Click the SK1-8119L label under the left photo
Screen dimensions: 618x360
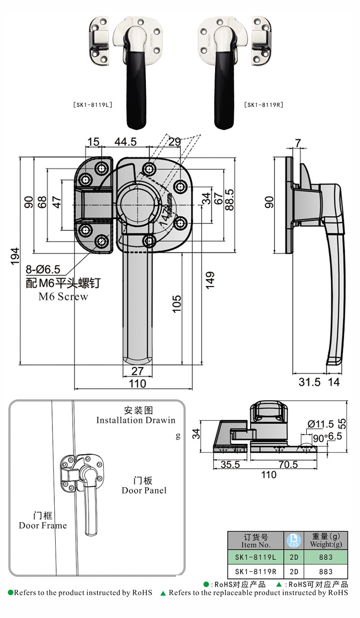coord(93,104)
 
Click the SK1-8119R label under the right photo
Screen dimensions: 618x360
coord(263,104)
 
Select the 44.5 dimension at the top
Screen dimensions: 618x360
coord(125,142)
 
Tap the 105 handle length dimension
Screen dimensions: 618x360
coord(177,304)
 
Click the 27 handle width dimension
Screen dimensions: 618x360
coord(138,371)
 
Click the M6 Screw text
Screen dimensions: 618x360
coord(63,297)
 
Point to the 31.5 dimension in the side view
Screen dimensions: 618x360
coord(310,382)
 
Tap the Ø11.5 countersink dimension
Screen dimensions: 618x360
coord(321,424)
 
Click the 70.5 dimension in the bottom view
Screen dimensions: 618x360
coord(287,464)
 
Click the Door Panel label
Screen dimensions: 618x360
coord(144,490)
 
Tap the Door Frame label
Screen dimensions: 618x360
coord(43,525)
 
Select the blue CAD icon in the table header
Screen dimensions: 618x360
coord(293,540)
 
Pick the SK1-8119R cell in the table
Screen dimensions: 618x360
coord(255,571)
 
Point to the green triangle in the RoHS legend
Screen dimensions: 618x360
coord(278,584)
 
